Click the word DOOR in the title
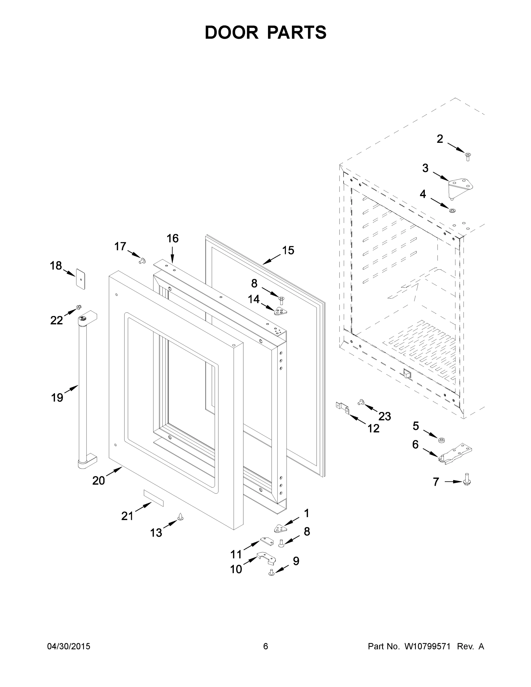coord(231,32)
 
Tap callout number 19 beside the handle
coord(57,398)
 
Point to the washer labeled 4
coord(453,210)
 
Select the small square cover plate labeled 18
coord(81,279)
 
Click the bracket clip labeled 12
coord(343,408)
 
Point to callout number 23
coord(384,416)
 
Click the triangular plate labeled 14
coord(280,311)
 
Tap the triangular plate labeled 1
coord(280,529)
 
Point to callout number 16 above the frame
coord(172,238)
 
